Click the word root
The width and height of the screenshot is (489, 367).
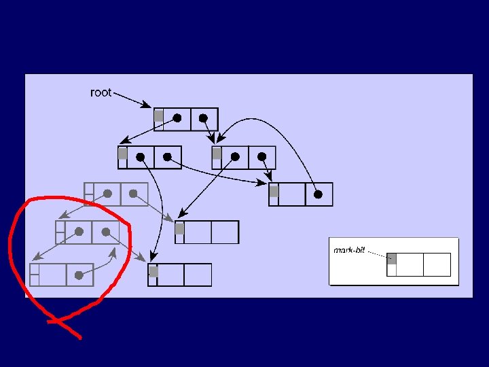(101, 92)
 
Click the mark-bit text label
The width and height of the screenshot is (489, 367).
(349, 250)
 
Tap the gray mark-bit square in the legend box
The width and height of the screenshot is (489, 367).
(391, 258)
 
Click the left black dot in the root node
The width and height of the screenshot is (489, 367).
(177, 118)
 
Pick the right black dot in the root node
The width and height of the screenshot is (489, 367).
(203, 118)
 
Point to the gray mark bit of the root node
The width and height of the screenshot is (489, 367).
(158, 116)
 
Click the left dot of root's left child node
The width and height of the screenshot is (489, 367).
(141, 156)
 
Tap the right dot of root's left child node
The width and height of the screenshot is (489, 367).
(167, 156)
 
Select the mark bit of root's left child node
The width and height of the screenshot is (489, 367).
(122, 154)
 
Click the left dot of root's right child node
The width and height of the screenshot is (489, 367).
(235, 156)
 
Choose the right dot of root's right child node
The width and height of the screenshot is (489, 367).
(261, 156)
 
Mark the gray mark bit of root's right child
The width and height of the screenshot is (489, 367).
(217, 154)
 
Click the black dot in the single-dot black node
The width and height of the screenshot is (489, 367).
(318, 194)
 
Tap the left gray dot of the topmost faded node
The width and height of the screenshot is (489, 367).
(107, 193)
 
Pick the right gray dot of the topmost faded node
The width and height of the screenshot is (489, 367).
(133, 193)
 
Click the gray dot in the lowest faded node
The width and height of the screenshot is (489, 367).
(79, 275)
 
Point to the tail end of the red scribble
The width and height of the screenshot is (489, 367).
(80, 337)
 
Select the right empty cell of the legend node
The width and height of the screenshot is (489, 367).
(437, 264)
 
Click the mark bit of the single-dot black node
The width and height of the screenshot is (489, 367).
(274, 192)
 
